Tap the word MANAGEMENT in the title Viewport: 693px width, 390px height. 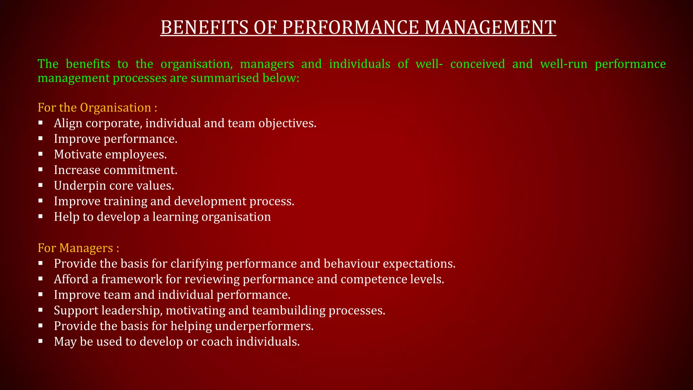[490, 27]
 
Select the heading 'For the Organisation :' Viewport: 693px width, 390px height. [97, 108]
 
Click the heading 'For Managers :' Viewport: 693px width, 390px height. [79, 248]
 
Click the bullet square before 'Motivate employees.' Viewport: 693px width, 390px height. [41, 154]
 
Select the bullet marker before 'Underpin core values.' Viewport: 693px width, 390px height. [41, 185]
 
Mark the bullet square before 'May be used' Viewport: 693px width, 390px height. [41, 341]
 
